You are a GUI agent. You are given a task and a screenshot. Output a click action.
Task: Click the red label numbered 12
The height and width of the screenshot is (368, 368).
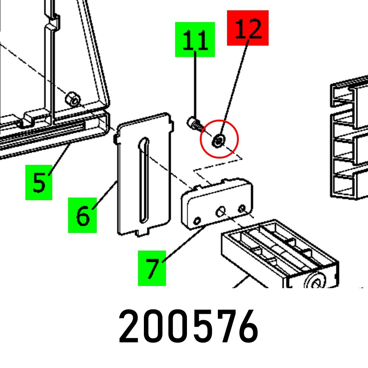pyautogui.click(x=248, y=28)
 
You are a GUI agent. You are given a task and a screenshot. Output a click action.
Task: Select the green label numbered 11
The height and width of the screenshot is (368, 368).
pyautogui.click(x=195, y=39)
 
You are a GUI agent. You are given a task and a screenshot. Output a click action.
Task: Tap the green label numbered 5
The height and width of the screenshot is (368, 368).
pyautogui.click(x=39, y=183)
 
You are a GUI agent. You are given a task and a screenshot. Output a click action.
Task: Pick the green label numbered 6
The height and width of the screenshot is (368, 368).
pyautogui.click(x=82, y=215)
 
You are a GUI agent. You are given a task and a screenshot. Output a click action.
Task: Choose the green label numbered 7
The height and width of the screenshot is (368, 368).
pyautogui.click(x=152, y=268)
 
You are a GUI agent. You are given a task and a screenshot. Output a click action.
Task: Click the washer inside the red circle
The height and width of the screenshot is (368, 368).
pyautogui.click(x=219, y=140)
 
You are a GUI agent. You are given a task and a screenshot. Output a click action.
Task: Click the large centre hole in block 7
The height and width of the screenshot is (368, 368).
pyautogui.click(x=220, y=212)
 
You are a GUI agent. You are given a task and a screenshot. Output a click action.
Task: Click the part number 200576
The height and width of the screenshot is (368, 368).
pyautogui.click(x=188, y=327)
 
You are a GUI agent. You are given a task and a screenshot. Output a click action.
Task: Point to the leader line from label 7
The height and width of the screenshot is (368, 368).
pyautogui.click(x=184, y=245)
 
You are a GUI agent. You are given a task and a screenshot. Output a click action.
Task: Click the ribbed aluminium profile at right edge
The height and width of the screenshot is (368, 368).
pyautogui.click(x=350, y=140)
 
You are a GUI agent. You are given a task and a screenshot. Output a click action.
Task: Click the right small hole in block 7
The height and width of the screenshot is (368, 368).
pyautogui.click(x=242, y=209)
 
